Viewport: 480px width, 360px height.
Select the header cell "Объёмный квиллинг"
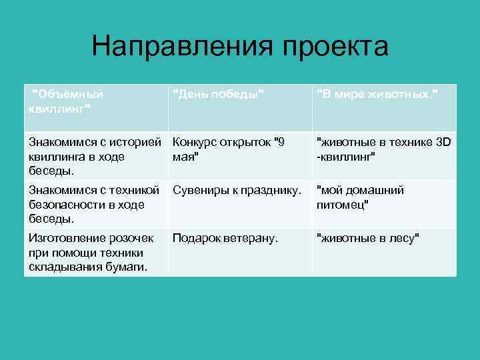[95, 107]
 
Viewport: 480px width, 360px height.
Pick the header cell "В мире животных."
[384, 107]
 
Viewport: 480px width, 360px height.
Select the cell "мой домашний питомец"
[384, 203]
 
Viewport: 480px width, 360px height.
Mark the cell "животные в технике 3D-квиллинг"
[384, 155]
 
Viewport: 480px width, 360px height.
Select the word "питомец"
[343, 204]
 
